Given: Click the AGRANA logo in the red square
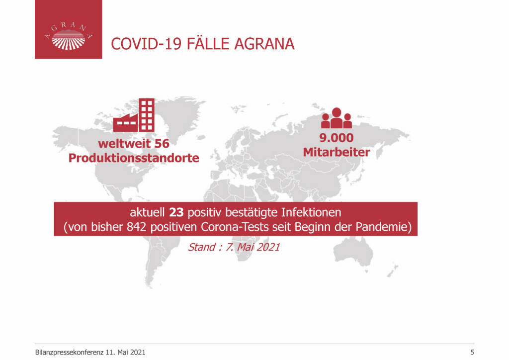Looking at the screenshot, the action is pyautogui.click(x=69, y=35).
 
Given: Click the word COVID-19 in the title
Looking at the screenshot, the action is pyautogui.click(x=146, y=44).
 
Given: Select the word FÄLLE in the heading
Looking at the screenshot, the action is pyautogui.click(x=208, y=43).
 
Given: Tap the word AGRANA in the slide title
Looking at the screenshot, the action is pyautogui.click(x=264, y=44).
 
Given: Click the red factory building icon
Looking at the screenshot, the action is pyautogui.click(x=134, y=115).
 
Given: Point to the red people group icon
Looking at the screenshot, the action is pyautogui.click(x=337, y=118).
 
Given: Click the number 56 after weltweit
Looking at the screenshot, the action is pyautogui.click(x=162, y=144).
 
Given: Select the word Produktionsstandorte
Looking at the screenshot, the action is pyautogui.click(x=134, y=158).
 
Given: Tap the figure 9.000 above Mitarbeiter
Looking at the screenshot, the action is pyautogui.click(x=337, y=138).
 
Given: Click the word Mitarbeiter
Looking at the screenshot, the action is pyautogui.click(x=337, y=152).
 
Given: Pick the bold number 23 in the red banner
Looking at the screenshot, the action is pyautogui.click(x=176, y=213).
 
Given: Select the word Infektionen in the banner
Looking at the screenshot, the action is pyautogui.click(x=311, y=213).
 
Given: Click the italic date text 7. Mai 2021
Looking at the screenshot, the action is pyautogui.click(x=253, y=247).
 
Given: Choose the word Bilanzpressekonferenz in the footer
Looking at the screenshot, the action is pyautogui.click(x=69, y=353).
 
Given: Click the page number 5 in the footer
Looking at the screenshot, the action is pyautogui.click(x=472, y=352).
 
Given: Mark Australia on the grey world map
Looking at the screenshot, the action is pyautogui.click(x=354, y=252).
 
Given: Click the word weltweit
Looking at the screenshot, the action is pyautogui.click(x=124, y=144).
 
